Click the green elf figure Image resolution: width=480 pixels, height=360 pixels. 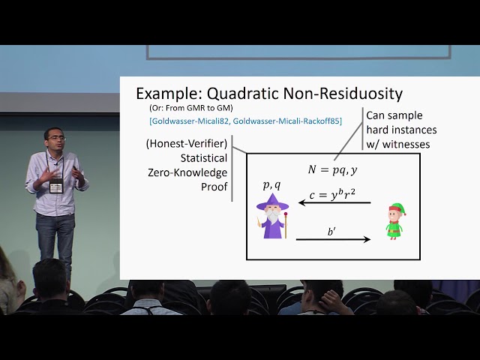pos(394,221)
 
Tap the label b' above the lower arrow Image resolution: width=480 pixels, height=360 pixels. pos(332,232)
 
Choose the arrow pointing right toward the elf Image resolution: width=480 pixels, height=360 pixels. pos(333,240)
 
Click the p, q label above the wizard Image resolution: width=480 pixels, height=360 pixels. pos(271,184)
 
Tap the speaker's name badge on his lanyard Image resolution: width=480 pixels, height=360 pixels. pos(55,184)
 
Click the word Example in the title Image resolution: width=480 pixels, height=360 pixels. pos(166,94)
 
